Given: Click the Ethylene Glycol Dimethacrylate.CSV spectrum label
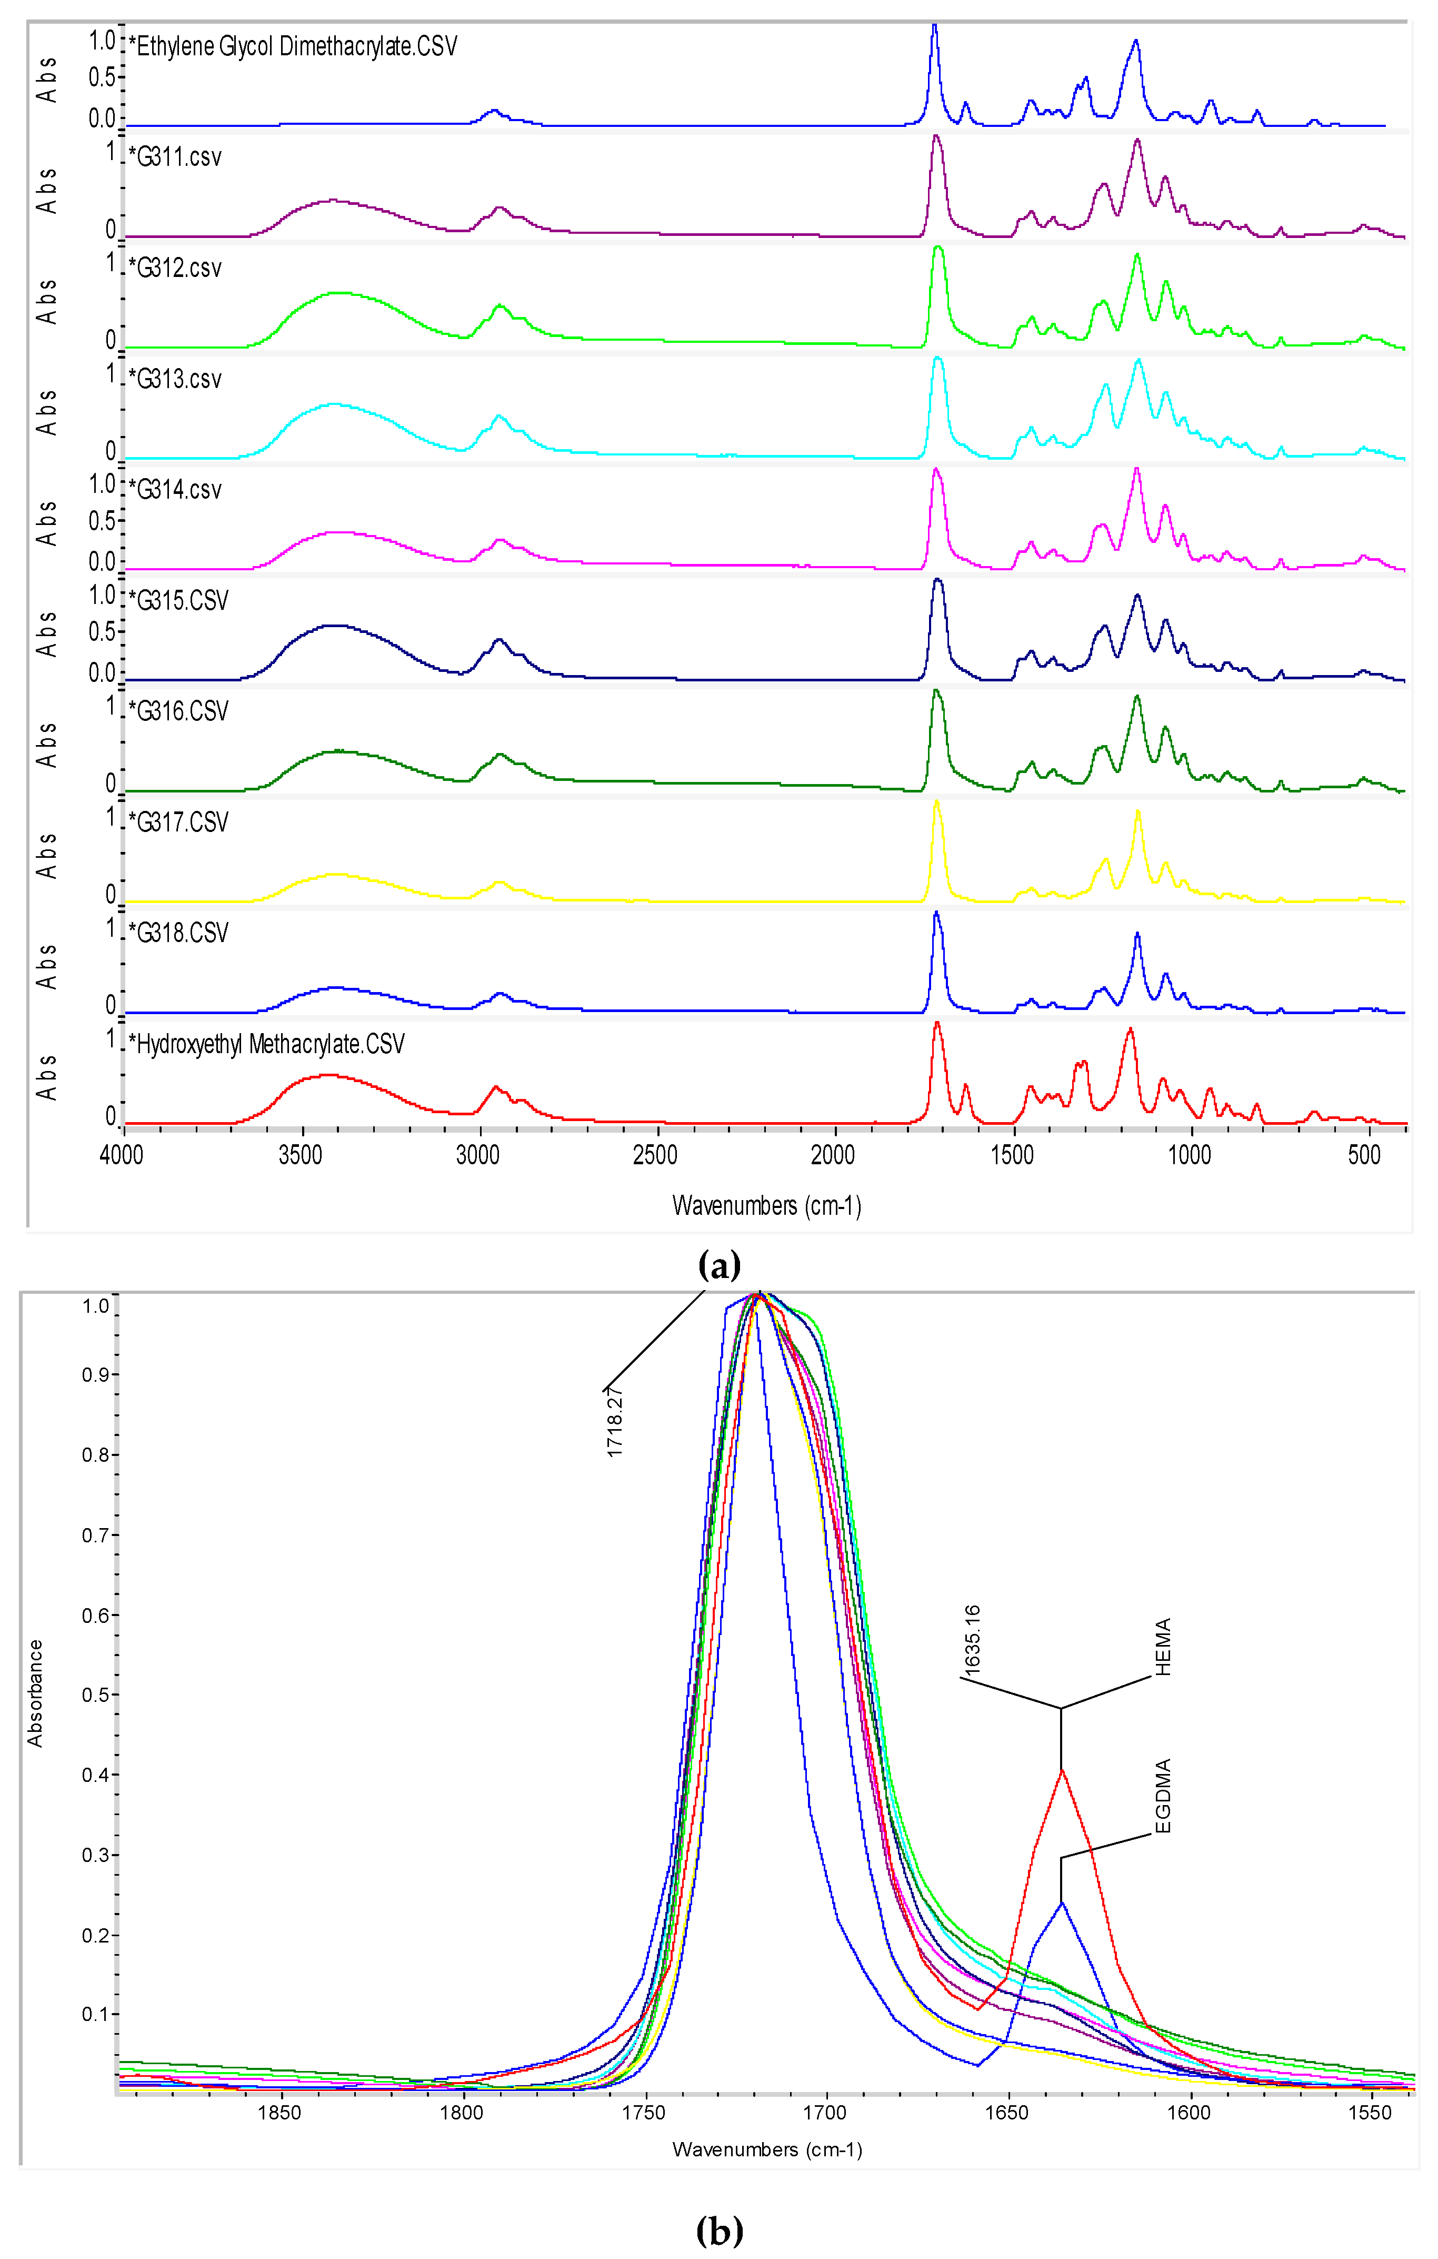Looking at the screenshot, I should click(293, 47).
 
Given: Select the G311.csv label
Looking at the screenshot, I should click(175, 157).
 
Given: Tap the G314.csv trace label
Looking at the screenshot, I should click(175, 490).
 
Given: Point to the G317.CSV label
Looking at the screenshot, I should click(178, 823).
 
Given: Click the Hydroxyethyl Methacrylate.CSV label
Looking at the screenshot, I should click(266, 1044).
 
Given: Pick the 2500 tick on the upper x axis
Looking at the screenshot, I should click(655, 1155).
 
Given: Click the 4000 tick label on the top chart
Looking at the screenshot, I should click(122, 1155).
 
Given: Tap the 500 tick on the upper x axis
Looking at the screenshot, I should click(1365, 1155).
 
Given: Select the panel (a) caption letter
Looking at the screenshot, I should click(720, 1265).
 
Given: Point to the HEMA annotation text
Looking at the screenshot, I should click(1163, 1647).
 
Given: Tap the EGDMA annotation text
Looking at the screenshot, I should click(1163, 1797).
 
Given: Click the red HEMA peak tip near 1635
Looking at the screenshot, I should click(1062, 1770).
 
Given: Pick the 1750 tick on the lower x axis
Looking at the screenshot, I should click(644, 2113).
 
